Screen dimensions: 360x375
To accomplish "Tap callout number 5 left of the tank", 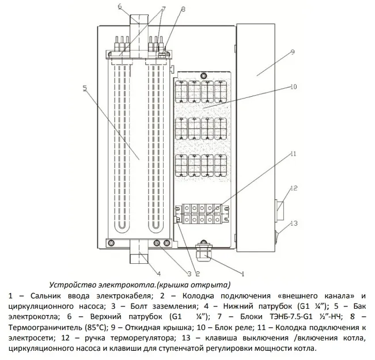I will (85, 88).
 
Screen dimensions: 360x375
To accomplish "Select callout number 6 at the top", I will (120, 7).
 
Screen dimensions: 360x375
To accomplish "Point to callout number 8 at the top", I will (183, 10).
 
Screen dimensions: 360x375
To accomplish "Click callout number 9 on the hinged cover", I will (292, 52).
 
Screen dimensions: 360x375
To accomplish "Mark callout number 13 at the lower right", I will (294, 223).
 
